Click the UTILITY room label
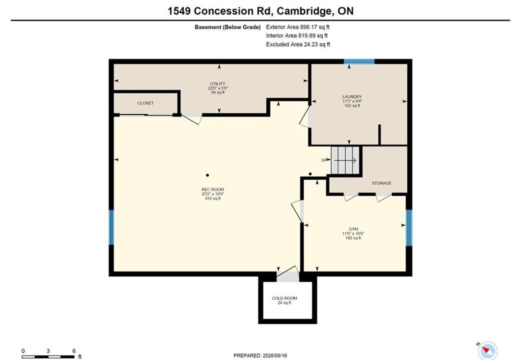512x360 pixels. click(x=217, y=84)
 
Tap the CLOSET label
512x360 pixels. click(x=145, y=103)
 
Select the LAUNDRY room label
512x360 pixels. click(x=352, y=96)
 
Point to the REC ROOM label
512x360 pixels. click(x=212, y=189)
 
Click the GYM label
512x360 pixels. click(x=353, y=229)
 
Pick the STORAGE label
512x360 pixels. click(x=381, y=183)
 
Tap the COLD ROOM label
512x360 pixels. click(x=284, y=298)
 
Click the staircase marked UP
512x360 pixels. click(x=345, y=160)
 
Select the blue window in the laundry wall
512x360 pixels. click(x=359, y=61)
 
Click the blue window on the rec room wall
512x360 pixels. click(x=111, y=227)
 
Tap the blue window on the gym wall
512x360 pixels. click(x=409, y=227)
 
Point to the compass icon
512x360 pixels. click(x=487, y=350)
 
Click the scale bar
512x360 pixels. click(x=48, y=356)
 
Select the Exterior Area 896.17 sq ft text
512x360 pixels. click(x=298, y=27)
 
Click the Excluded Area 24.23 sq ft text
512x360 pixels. click(x=298, y=44)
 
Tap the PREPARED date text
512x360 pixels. click(x=260, y=355)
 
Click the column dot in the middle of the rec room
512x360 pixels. click(x=207, y=175)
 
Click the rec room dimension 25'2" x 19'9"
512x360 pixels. click(x=212, y=194)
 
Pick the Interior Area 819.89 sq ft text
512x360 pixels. click(x=297, y=35)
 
